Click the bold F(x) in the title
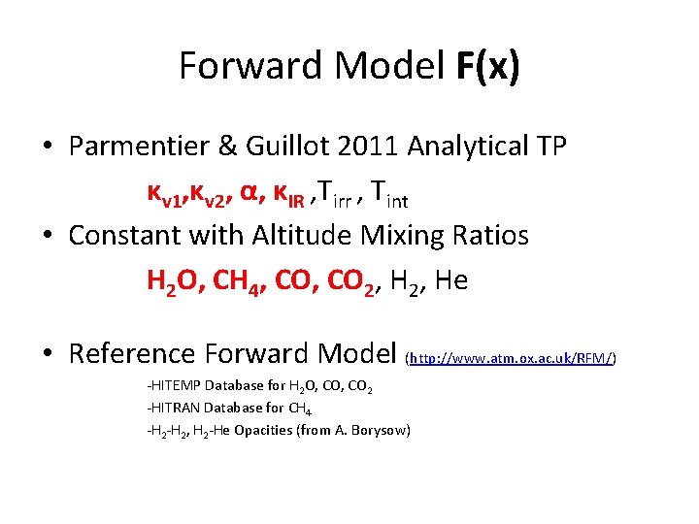[x=487, y=66]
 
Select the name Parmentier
[x=142, y=147]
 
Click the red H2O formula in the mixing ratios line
[x=176, y=281]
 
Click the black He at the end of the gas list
[x=451, y=281]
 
